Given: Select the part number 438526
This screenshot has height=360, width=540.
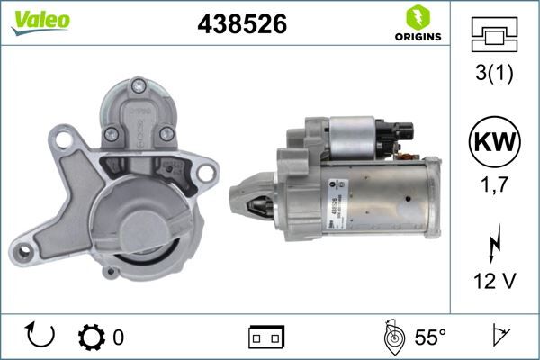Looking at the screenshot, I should pyautogui.click(x=241, y=24).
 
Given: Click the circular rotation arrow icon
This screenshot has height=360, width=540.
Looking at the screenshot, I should pyautogui.click(x=41, y=337).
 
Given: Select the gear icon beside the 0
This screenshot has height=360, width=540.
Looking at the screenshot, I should pyautogui.click(x=92, y=337).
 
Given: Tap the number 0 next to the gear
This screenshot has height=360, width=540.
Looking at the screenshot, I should pyautogui.click(x=118, y=337).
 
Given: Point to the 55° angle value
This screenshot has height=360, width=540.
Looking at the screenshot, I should pyautogui.click(x=430, y=337).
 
